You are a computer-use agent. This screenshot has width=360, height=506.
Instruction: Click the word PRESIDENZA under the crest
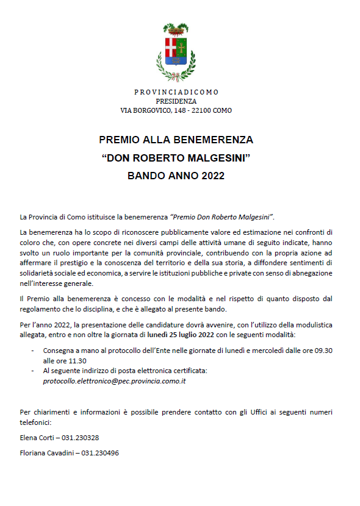pyautogui.click(x=176, y=101)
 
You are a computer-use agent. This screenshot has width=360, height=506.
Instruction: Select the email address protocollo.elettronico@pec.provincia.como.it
pyautogui.click(x=114, y=380)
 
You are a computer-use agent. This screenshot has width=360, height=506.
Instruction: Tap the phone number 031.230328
pyautogui.click(x=81, y=437)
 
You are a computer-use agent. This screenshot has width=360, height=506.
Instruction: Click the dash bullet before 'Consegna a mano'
pyautogui.click(x=32, y=351)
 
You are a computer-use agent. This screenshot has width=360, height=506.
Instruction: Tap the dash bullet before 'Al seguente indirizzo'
pyautogui.click(x=32, y=371)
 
